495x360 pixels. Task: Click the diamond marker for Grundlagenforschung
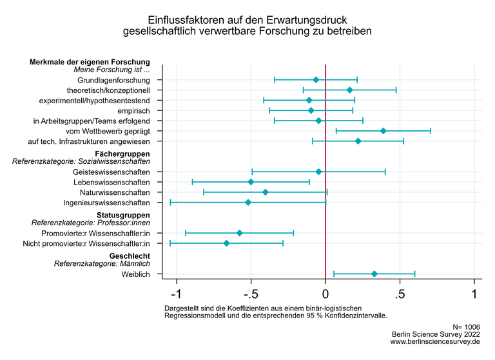click(x=316, y=80)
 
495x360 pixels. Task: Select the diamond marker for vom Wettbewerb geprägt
click(x=383, y=131)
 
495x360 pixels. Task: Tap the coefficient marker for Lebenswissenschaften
click(x=251, y=182)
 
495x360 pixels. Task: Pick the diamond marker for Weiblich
click(x=374, y=274)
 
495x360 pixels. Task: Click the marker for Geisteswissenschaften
click(x=318, y=172)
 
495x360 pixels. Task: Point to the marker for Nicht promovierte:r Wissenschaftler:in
click(x=226, y=243)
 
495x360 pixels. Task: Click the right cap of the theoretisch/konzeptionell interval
click(x=396, y=90)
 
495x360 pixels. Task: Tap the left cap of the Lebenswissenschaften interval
click(x=192, y=182)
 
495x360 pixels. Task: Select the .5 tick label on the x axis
click(x=400, y=294)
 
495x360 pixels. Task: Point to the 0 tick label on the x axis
click(x=325, y=294)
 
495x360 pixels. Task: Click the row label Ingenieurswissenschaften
click(x=106, y=203)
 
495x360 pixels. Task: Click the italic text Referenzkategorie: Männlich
click(x=102, y=264)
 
